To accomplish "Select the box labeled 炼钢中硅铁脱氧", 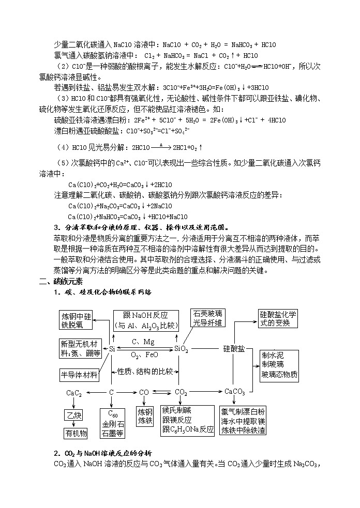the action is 76,320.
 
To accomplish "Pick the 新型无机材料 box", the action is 81,349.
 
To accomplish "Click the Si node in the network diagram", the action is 112,349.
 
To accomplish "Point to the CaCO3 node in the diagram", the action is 235,392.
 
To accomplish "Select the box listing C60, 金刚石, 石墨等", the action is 112,423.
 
